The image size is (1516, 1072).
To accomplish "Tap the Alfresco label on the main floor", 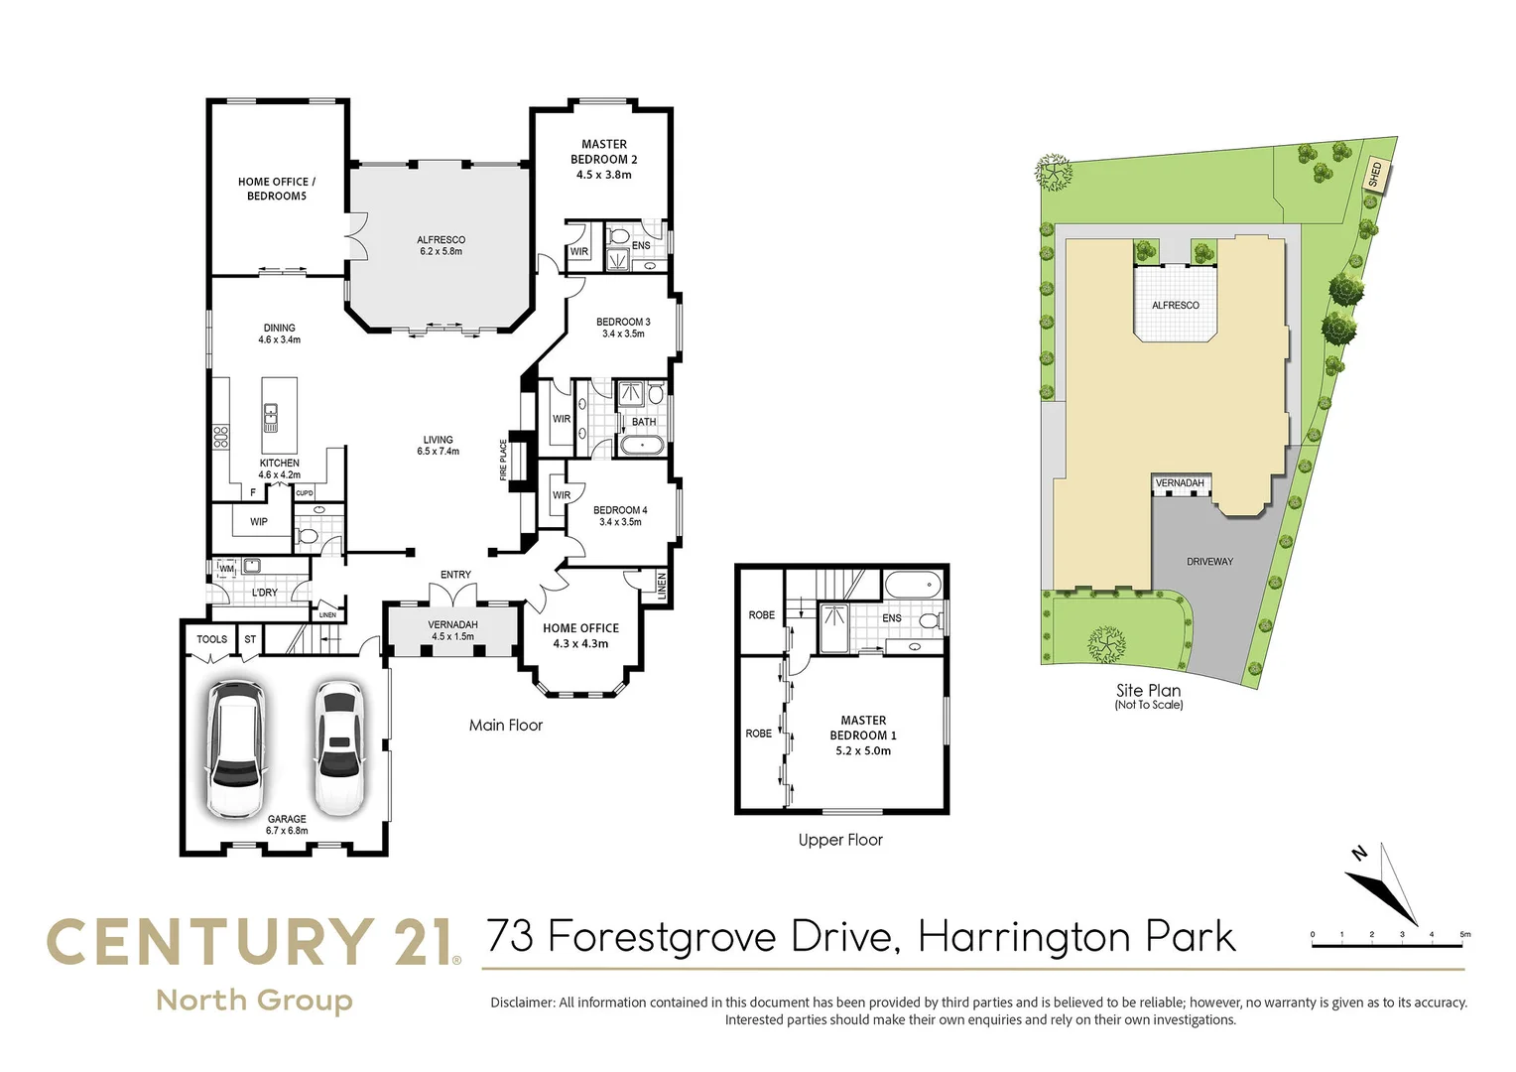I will [441, 245].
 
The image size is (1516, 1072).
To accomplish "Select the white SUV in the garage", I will [235, 748].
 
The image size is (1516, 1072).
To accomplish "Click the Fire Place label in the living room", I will [504, 461].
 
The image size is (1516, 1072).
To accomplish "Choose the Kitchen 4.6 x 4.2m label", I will [279, 469].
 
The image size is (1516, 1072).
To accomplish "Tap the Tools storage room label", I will [211, 639].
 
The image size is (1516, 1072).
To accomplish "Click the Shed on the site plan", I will [1375, 176].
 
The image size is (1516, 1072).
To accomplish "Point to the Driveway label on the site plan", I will [1209, 562].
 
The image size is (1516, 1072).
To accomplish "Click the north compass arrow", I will [1382, 882].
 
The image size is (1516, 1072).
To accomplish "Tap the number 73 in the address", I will [512, 937].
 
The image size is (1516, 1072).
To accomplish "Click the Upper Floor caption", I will [840, 840].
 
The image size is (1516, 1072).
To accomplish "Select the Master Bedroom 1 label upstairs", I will [863, 736].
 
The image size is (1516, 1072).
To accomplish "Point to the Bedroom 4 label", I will [620, 515].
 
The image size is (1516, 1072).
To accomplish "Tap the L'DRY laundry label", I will [265, 593].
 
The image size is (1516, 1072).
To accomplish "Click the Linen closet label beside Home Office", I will [662, 586].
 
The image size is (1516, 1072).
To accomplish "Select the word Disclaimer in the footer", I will [522, 1003].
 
